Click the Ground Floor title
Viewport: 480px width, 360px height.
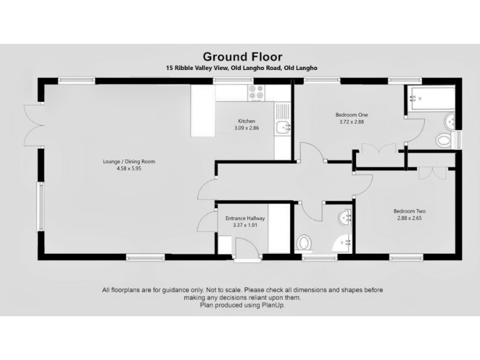pyautogui.click(x=241, y=56)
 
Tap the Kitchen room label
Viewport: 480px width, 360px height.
pyautogui.click(x=246, y=121)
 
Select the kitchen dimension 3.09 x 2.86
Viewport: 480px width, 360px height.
pyautogui.click(x=246, y=128)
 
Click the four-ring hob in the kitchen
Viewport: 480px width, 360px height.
pyautogui.click(x=257, y=92)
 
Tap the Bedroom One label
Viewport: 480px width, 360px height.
pyautogui.click(x=351, y=115)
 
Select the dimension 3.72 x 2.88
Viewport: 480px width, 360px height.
pyautogui.click(x=351, y=122)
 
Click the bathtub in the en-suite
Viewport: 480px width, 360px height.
pyautogui.click(x=432, y=98)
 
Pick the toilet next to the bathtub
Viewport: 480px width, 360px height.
pyautogui.click(x=445, y=139)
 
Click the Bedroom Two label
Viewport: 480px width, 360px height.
pyautogui.click(x=409, y=211)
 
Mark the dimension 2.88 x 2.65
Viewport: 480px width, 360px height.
pyautogui.click(x=409, y=217)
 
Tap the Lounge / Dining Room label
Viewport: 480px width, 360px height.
pyautogui.click(x=129, y=161)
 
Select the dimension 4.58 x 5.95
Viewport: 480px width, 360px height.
pyautogui.click(x=129, y=168)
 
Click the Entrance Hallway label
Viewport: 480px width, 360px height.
pyautogui.click(x=245, y=218)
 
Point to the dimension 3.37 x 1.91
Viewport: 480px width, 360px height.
pyautogui.click(x=245, y=225)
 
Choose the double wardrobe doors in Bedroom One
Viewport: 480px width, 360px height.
pyautogui.click(x=379, y=150)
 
